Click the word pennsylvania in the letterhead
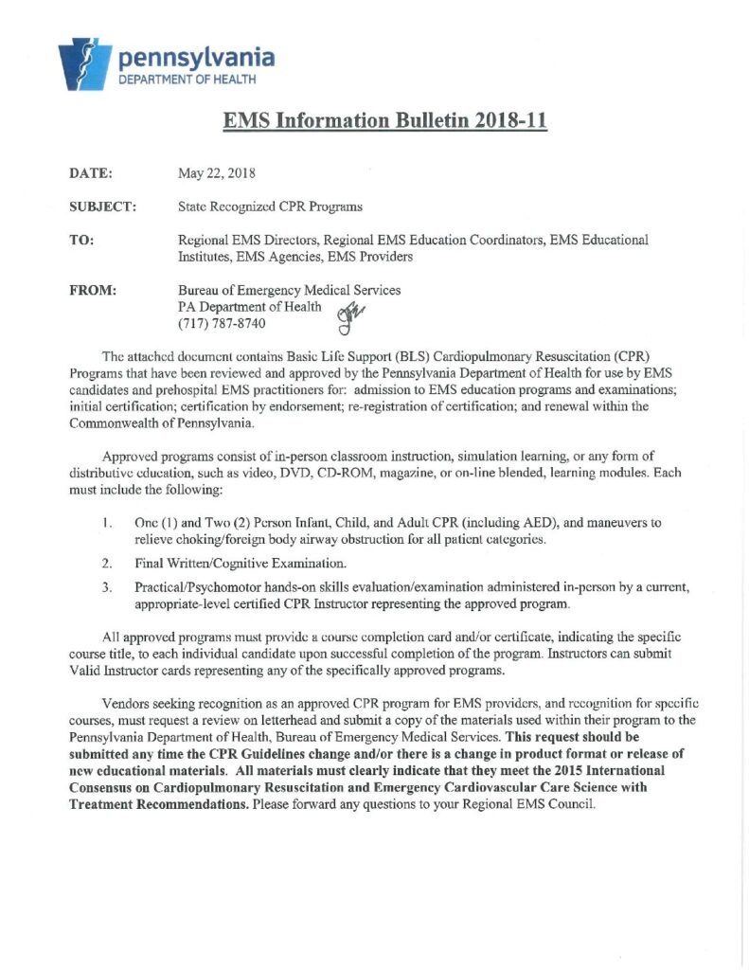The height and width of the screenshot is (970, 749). pos(197,59)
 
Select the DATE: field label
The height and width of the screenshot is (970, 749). pos(91,174)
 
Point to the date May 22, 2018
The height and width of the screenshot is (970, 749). pos(216,174)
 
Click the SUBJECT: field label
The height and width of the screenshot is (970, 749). pos(103,206)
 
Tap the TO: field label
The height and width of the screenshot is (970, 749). pos(81,241)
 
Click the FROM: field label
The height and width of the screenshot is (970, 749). pos(93,291)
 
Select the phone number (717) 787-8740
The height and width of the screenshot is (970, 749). pos(222,325)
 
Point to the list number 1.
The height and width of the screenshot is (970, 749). pos(108,522)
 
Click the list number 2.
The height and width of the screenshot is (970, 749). pos(108,564)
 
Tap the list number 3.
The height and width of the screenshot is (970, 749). pos(108,587)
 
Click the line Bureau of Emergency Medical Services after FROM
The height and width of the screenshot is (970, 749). pos(289,291)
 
